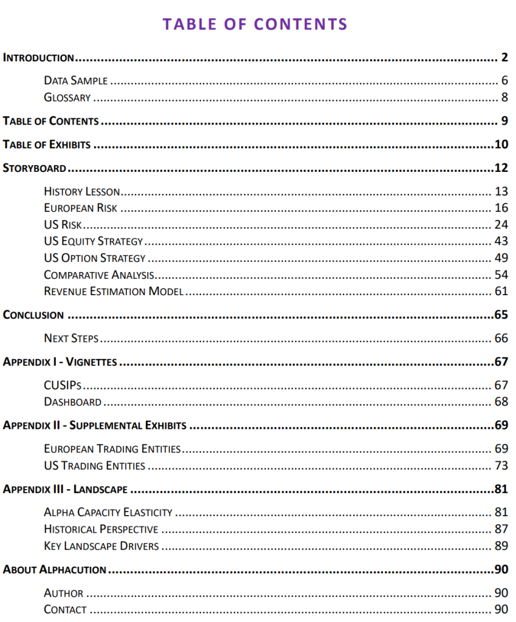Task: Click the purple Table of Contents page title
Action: [255, 24]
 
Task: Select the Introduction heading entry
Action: [38, 58]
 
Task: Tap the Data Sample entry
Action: [76, 80]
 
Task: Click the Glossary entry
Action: [67, 97]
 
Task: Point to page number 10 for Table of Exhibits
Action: [500, 145]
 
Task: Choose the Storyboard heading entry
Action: [34, 168]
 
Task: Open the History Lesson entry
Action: [82, 192]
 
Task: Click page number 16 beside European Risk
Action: [501, 208]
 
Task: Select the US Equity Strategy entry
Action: [94, 241]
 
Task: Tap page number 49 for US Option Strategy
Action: [501, 258]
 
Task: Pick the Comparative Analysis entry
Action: [99, 275]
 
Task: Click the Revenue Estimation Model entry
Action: [114, 292]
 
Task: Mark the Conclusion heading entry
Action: [33, 315]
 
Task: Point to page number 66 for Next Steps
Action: [501, 338]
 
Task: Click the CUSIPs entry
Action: [63, 385]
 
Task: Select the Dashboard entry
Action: [72, 402]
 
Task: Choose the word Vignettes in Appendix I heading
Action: [91, 362]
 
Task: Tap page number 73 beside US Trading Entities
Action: [501, 466]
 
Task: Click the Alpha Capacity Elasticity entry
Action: [108, 513]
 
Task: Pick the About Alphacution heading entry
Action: [55, 570]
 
